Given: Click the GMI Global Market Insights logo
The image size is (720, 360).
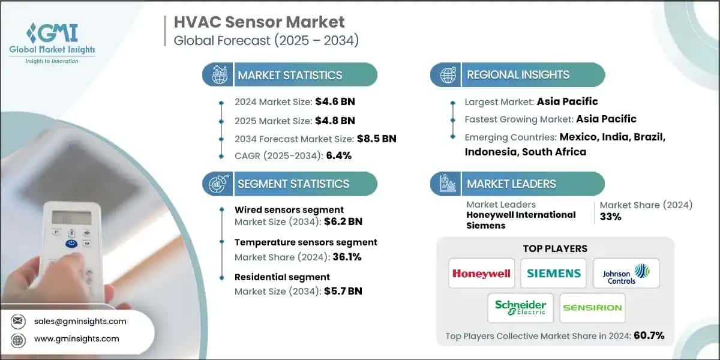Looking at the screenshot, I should pos(52,42).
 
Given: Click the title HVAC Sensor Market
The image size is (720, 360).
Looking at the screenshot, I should pos(259,23).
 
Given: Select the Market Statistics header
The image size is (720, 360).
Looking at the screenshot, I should pos(290,75).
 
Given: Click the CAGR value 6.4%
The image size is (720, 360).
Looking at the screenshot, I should pos(339,155).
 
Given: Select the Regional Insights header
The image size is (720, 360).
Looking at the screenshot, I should pos(518,75).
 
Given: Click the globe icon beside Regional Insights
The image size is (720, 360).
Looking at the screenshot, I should pos(447,75).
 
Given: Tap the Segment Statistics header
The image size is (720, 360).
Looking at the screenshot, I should pos(293,184).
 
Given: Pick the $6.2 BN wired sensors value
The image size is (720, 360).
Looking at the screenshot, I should pos(343,221).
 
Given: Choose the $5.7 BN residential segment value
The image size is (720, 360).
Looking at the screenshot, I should pos(343,292).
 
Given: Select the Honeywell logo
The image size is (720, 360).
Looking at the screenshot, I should pos(481,274).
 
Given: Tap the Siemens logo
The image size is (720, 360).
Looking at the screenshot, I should pos(553,274).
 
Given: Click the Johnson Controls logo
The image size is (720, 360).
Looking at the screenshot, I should pos(626,274).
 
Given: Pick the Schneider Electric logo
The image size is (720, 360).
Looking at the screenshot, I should pos(520,308).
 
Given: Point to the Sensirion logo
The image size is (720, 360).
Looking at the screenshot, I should pos(592,308).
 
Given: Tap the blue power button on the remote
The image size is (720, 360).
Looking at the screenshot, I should pos(70,244).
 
